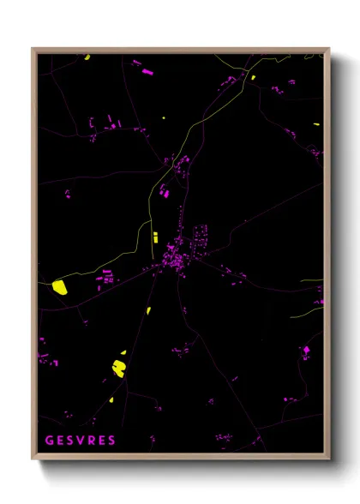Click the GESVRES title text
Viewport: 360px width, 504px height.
click(x=81, y=440)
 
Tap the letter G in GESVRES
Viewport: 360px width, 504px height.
click(x=50, y=440)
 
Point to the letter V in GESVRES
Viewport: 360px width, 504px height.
click(x=81, y=440)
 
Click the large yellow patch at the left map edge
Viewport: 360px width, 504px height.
click(x=60, y=287)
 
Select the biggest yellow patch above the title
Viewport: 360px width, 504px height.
click(x=119, y=368)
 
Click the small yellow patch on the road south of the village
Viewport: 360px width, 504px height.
click(x=148, y=310)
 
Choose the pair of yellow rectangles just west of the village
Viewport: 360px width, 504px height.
click(x=155, y=237)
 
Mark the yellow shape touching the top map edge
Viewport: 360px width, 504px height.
click(x=87, y=57)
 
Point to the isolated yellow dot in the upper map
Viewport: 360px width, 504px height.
click(x=165, y=117)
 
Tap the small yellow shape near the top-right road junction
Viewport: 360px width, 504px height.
click(x=253, y=77)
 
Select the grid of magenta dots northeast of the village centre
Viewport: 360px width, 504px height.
click(x=201, y=233)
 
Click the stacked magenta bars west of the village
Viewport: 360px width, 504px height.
click(x=109, y=276)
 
